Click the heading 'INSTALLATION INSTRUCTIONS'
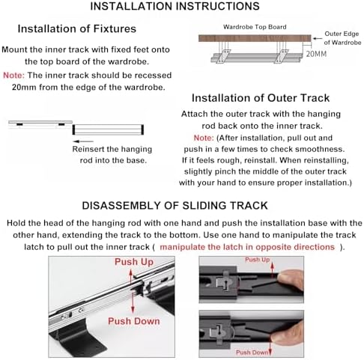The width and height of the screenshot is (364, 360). tap(175, 6)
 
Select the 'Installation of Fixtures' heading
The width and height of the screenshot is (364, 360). tap(77, 28)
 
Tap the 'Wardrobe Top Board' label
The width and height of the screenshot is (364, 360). tap(255, 27)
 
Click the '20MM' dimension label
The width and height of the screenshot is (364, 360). tap(316, 54)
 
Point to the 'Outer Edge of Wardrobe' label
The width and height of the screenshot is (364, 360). tap(342, 38)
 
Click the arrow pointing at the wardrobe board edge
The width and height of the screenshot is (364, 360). tap(318, 38)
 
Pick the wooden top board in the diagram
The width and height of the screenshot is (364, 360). tap(255, 38)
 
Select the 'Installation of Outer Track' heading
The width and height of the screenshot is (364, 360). tap(261, 98)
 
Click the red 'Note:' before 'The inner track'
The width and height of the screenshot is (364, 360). tap(13, 75)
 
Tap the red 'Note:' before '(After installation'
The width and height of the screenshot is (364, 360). tap(204, 138)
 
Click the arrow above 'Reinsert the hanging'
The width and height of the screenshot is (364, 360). tap(84, 141)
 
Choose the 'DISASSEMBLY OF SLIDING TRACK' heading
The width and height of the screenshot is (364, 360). tap(175, 206)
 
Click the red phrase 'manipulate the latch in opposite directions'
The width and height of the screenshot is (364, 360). tap(247, 247)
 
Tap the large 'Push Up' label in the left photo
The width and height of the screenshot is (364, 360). tap(134, 262)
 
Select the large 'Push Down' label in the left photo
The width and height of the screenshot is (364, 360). tap(134, 321)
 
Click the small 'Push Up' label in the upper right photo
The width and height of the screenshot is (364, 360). tap(258, 260)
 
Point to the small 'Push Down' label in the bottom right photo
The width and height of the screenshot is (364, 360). tap(252, 353)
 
